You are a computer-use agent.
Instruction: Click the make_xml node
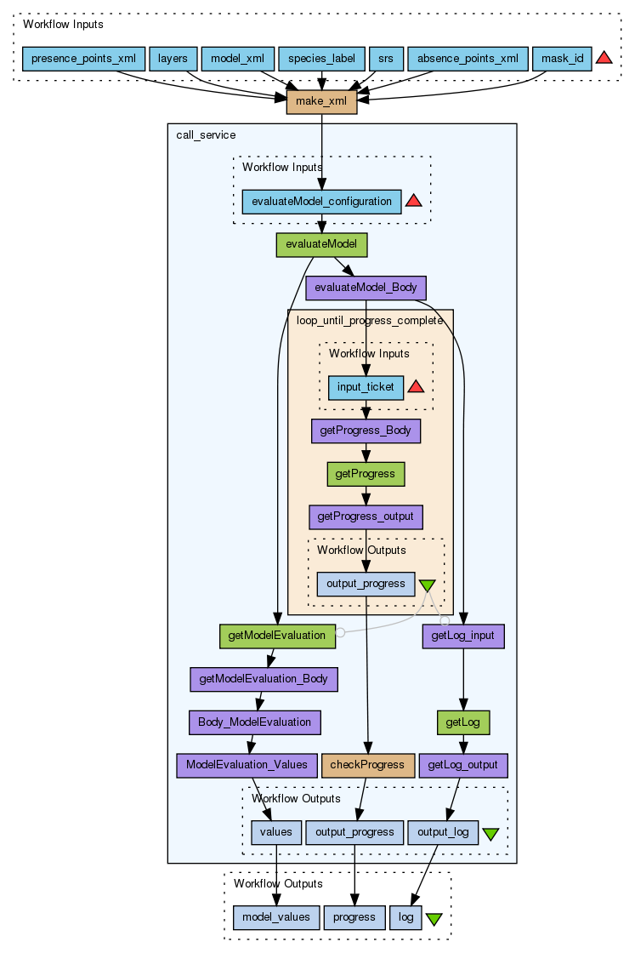pos(321,101)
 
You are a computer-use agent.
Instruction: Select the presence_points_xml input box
pos(83,59)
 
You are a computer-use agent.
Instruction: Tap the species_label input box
pos(321,59)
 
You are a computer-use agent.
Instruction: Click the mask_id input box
pos(562,59)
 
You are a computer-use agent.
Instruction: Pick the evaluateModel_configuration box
pos(321,202)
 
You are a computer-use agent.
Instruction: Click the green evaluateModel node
pos(321,244)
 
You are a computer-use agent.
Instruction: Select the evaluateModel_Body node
pos(366,288)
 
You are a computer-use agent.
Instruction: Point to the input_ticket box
pos(366,387)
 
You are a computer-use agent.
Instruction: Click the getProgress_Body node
pos(366,431)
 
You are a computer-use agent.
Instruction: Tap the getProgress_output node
pos(366,516)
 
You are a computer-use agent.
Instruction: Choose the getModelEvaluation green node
pos(277,635)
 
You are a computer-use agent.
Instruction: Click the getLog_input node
pos(463,635)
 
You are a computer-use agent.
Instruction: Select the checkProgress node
pos(367,765)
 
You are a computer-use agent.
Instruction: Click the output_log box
pos(443,832)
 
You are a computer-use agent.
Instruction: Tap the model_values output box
pos(277,917)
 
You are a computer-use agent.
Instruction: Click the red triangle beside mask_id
pos(604,58)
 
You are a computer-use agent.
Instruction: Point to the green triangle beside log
pos(434,919)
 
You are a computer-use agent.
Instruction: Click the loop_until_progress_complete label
pos(369,320)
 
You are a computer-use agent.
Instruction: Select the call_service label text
pos(206,135)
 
